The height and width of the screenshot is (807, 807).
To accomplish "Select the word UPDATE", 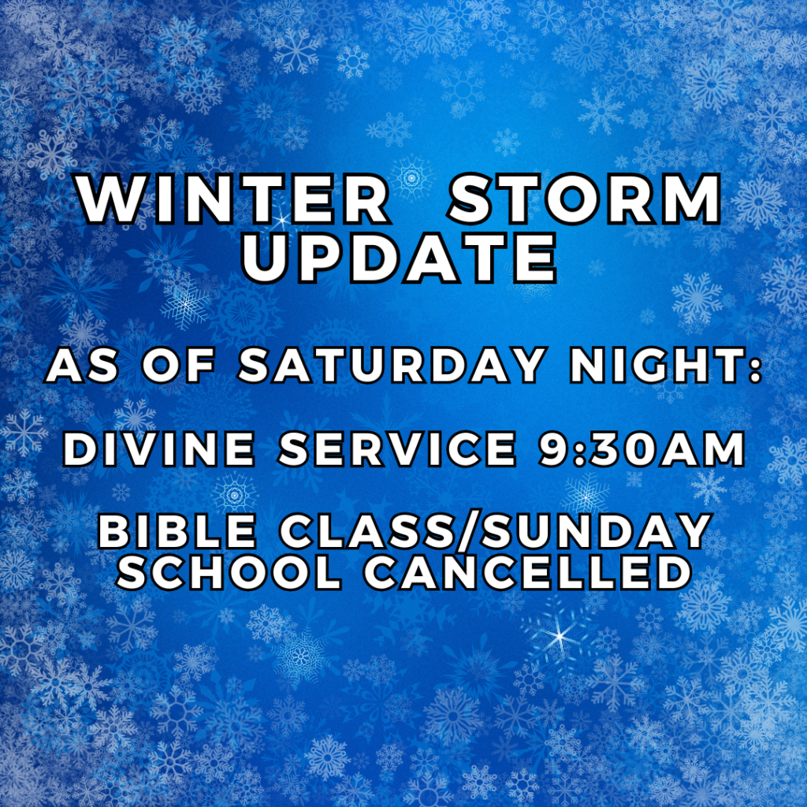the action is point(400,258).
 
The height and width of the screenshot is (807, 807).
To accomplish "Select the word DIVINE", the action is point(158,448).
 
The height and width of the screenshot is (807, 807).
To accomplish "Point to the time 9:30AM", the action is point(642,448).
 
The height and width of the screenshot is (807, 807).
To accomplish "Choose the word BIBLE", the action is point(177,531).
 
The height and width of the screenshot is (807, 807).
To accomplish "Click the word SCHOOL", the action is point(229,573).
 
